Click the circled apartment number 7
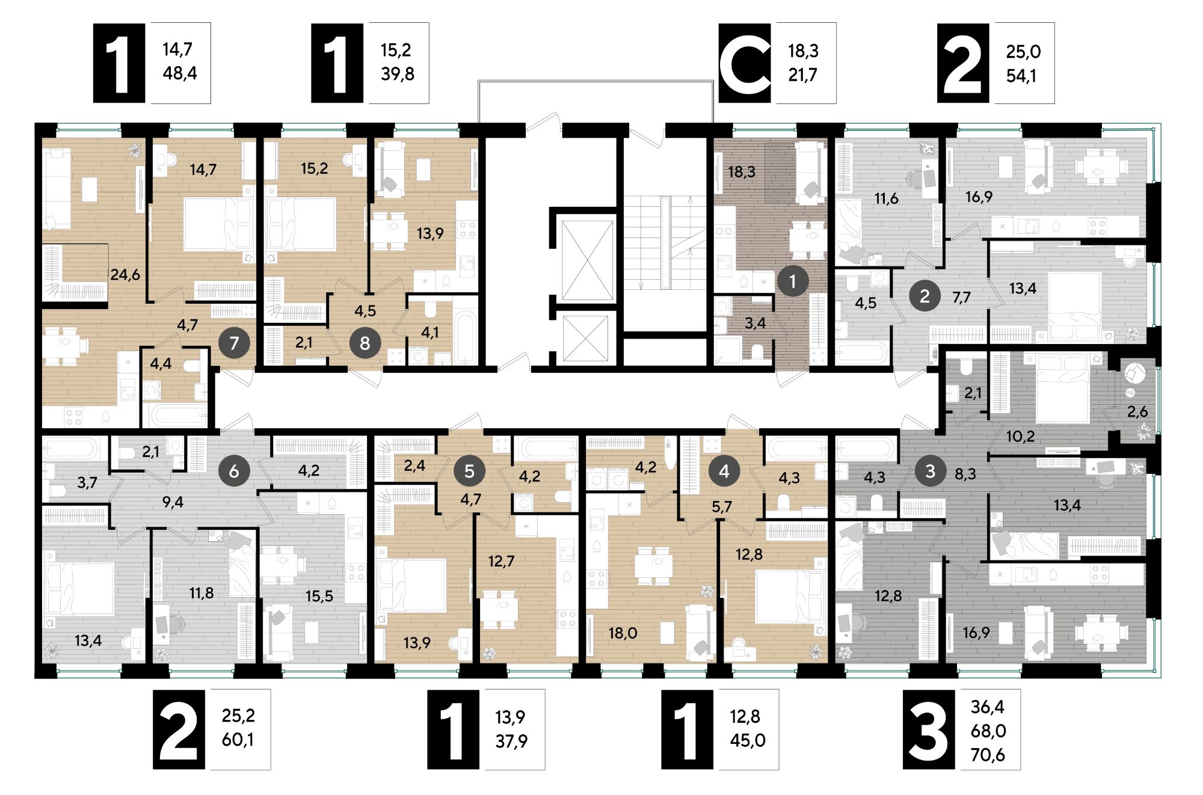coord(234,343)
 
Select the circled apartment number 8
coord(365,343)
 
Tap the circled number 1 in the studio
coord(792,280)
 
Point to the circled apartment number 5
coord(469,471)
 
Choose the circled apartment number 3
coord(930,471)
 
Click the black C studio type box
coord(745,63)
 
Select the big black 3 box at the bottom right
coord(928,729)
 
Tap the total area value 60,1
coord(238,740)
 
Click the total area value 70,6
coord(988,755)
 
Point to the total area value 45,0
coord(748,740)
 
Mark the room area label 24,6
coord(125,275)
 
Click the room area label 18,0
coord(623,633)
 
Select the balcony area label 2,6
coord(1137,412)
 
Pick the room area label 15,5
coord(319,596)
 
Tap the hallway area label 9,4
coord(173,502)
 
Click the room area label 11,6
coord(886,198)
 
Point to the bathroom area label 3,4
coord(755,324)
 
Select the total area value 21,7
coord(802,75)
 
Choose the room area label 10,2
coord(1020,436)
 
